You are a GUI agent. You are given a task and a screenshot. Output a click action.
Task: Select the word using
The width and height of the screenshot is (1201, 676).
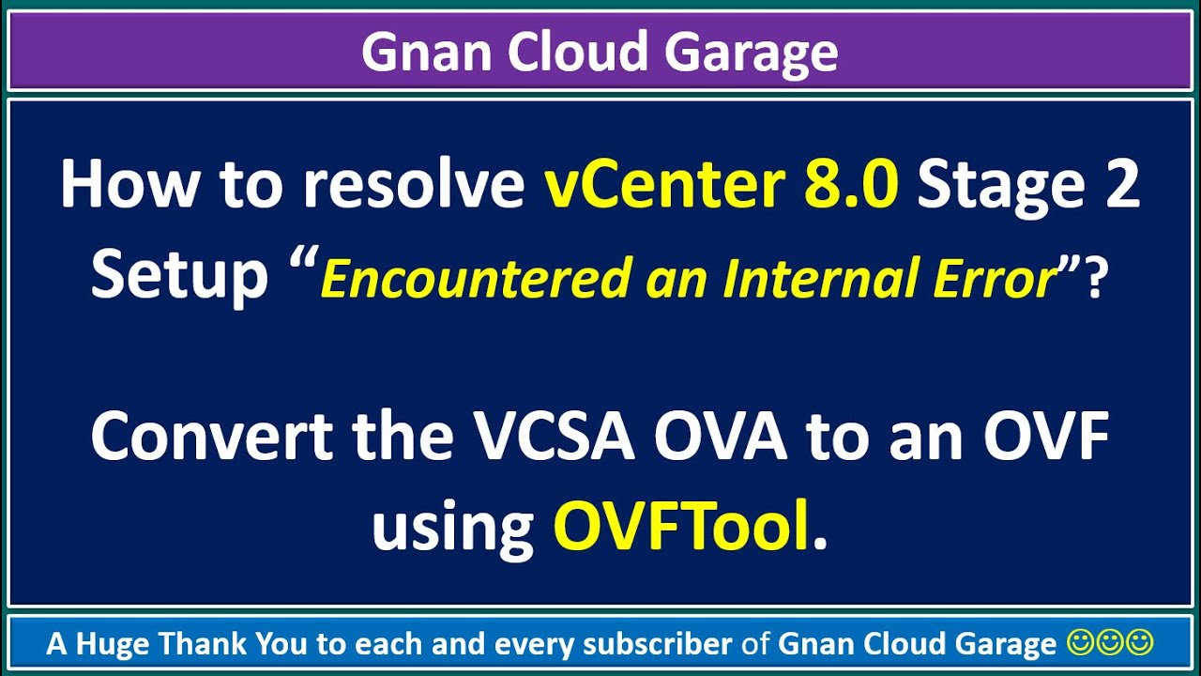453,528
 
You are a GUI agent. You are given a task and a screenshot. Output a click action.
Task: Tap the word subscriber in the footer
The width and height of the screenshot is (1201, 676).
658,644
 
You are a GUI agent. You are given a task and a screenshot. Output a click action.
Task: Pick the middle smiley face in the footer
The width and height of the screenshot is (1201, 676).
1110,643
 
